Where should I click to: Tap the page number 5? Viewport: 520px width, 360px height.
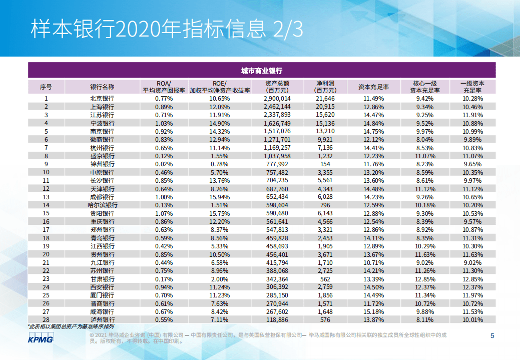click(492, 336)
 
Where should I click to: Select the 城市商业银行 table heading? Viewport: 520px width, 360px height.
click(261, 71)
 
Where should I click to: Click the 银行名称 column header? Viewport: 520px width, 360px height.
click(102, 86)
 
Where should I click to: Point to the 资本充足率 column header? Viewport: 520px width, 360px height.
click(373, 86)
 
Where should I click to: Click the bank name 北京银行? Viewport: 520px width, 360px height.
click(102, 99)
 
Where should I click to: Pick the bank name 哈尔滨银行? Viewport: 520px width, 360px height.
click(102, 205)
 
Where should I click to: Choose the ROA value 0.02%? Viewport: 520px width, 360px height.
click(164, 164)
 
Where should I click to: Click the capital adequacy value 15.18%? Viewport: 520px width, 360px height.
click(373, 311)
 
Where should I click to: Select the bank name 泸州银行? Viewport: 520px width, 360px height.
click(102, 319)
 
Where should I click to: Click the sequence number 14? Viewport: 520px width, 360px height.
click(46, 205)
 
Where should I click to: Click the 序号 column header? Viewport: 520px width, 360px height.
click(46, 86)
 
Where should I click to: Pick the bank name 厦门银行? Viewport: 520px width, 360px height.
click(102, 295)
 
